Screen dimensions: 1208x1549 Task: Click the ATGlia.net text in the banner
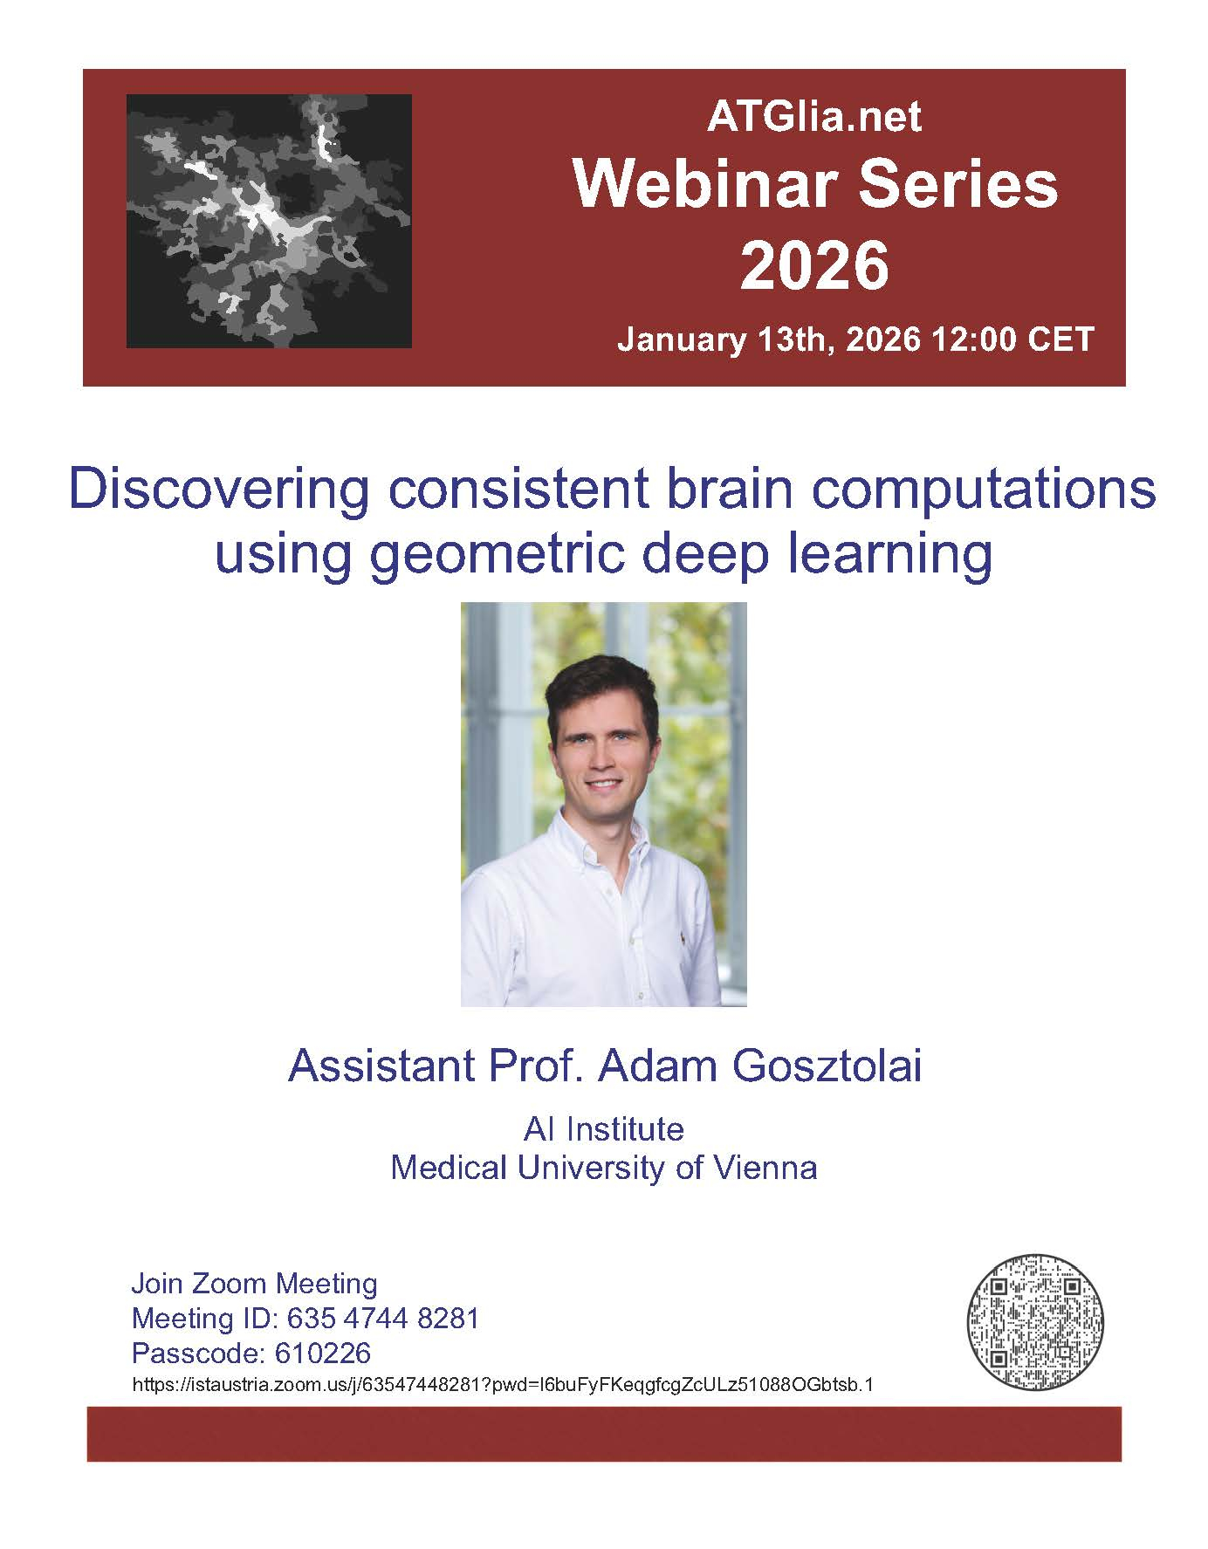pyautogui.click(x=813, y=117)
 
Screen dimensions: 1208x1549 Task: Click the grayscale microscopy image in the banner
pyautogui.click(x=269, y=221)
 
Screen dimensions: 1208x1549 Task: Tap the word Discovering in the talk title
pyautogui.click(x=218, y=490)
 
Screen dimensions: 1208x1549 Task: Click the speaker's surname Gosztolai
pyautogui.click(x=827, y=1066)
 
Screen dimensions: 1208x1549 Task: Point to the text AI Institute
pyautogui.click(x=604, y=1129)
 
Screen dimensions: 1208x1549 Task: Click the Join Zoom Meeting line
pyautogui.click(x=254, y=1284)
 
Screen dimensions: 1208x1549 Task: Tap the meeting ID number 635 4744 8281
pyautogui.click(x=383, y=1318)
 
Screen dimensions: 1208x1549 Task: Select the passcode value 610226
pyautogui.click(x=323, y=1354)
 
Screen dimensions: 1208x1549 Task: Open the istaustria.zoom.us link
pyautogui.click(x=503, y=1385)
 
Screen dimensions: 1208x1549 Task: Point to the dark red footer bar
pyautogui.click(x=604, y=1434)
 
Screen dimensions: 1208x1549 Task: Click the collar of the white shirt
pyautogui.click(x=602, y=842)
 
